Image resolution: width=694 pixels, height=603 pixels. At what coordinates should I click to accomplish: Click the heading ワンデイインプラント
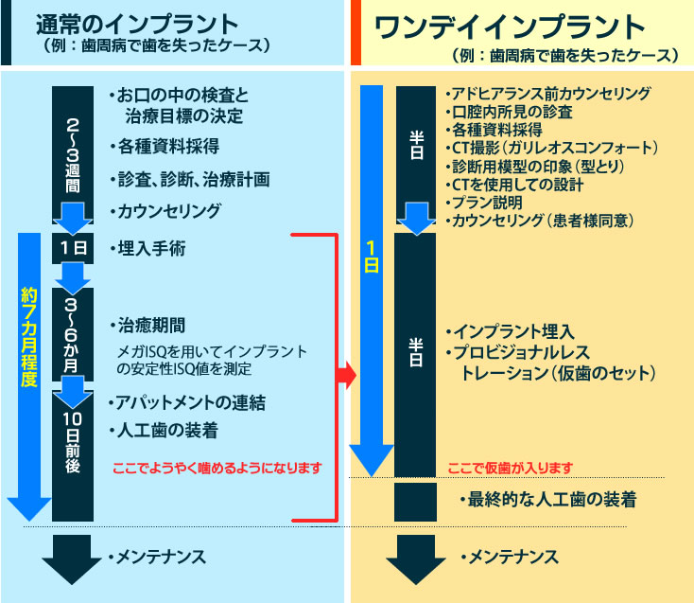click(x=511, y=27)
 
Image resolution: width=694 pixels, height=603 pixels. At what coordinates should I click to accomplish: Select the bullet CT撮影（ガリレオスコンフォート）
click(x=551, y=148)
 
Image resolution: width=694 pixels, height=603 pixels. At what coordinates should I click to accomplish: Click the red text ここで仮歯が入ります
click(x=510, y=468)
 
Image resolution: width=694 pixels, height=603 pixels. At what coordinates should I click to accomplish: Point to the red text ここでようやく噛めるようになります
click(x=217, y=468)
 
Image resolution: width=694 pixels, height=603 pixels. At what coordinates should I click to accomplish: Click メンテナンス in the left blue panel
click(x=159, y=557)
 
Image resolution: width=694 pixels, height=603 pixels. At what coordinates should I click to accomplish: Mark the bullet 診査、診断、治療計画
click(x=190, y=179)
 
